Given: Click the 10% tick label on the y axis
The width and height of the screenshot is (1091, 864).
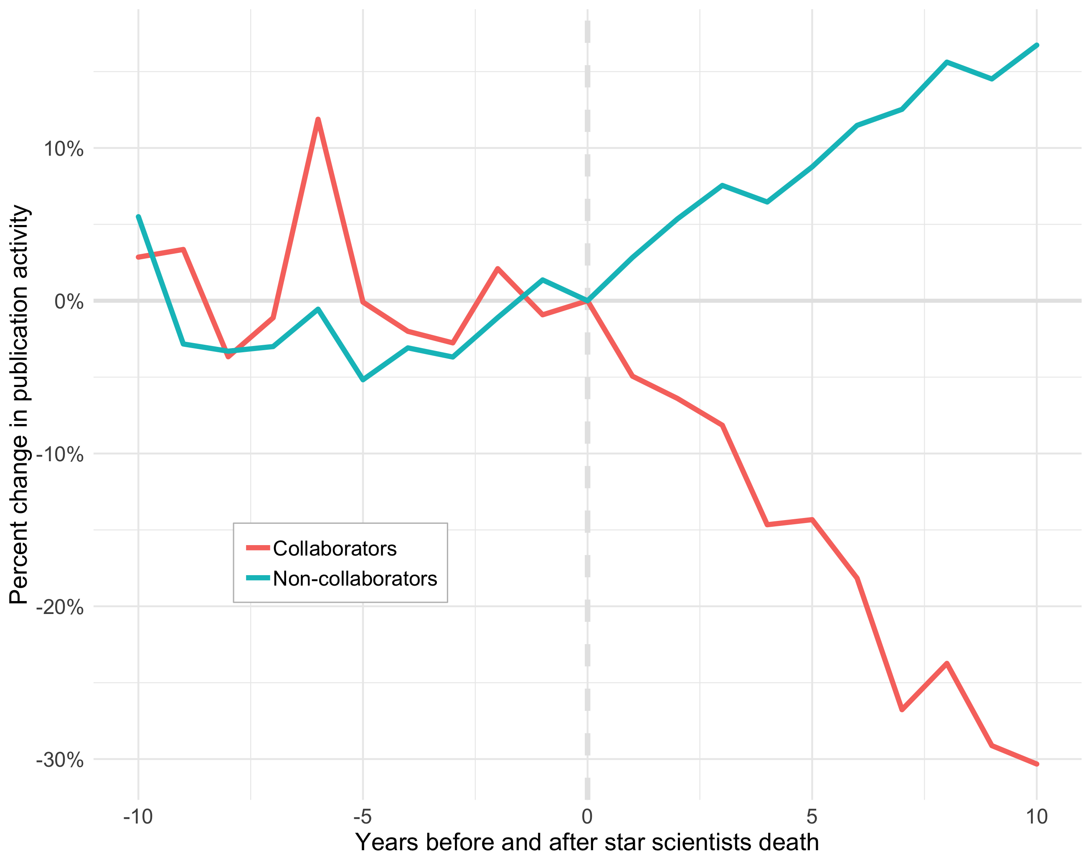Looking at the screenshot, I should (63, 149).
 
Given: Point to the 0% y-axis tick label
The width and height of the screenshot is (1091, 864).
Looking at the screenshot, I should (69, 302).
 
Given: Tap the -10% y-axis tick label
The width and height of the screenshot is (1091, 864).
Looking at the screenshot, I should (60, 455).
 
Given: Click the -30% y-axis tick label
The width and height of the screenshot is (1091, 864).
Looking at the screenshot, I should (60, 760).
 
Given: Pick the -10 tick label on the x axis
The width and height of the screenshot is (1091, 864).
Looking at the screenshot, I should (138, 816).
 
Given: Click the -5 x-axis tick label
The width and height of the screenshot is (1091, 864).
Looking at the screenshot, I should (362, 816).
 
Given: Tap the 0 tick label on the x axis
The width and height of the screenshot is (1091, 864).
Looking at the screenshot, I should (587, 816).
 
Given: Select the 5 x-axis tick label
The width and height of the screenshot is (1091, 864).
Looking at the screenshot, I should (812, 816).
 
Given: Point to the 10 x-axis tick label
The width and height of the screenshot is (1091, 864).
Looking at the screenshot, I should (1036, 816).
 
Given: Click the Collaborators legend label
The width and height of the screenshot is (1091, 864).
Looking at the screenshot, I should (335, 548).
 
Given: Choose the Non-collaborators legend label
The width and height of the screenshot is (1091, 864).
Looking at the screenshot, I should (355, 579).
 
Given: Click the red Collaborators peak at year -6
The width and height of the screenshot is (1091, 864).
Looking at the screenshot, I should (318, 119).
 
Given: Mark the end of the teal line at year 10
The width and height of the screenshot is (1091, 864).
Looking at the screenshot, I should (1037, 45).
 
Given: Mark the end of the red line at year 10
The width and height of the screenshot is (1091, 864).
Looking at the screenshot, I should (1037, 764).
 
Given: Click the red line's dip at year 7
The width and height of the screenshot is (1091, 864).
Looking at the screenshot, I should (902, 709).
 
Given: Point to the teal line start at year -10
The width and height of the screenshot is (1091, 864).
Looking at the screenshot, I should (138, 217).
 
